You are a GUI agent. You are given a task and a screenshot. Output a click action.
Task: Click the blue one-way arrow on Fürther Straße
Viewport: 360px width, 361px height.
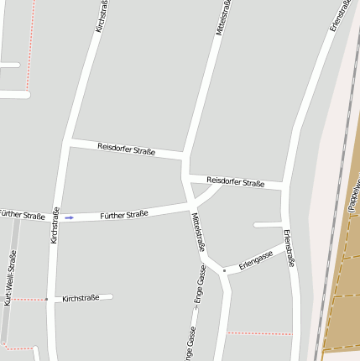(70, 217)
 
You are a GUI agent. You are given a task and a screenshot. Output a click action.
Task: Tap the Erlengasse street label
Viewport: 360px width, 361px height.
(256, 260)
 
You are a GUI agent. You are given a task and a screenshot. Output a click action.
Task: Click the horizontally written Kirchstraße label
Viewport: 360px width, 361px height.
(81, 298)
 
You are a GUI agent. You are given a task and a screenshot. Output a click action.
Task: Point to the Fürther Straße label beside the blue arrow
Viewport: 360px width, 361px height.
(123, 215)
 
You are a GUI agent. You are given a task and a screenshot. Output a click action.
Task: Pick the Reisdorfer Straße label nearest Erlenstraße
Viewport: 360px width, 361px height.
(235, 181)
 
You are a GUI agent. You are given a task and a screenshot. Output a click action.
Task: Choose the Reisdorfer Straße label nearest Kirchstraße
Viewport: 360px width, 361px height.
(126, 149)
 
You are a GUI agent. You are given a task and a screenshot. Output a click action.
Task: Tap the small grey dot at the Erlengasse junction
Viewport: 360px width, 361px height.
(224, 270)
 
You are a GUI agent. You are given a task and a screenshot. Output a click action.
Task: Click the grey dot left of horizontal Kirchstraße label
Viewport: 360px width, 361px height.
(46, 299)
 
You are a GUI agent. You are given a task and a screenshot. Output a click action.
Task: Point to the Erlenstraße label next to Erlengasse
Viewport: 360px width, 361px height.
(289, 248)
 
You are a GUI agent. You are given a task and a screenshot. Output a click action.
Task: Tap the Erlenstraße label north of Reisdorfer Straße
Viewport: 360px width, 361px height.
(339, 16)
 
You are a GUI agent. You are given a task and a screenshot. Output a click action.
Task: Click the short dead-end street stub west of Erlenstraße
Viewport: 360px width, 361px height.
(268, 225)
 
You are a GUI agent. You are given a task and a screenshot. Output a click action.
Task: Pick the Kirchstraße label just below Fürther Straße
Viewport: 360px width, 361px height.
(55, 225)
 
